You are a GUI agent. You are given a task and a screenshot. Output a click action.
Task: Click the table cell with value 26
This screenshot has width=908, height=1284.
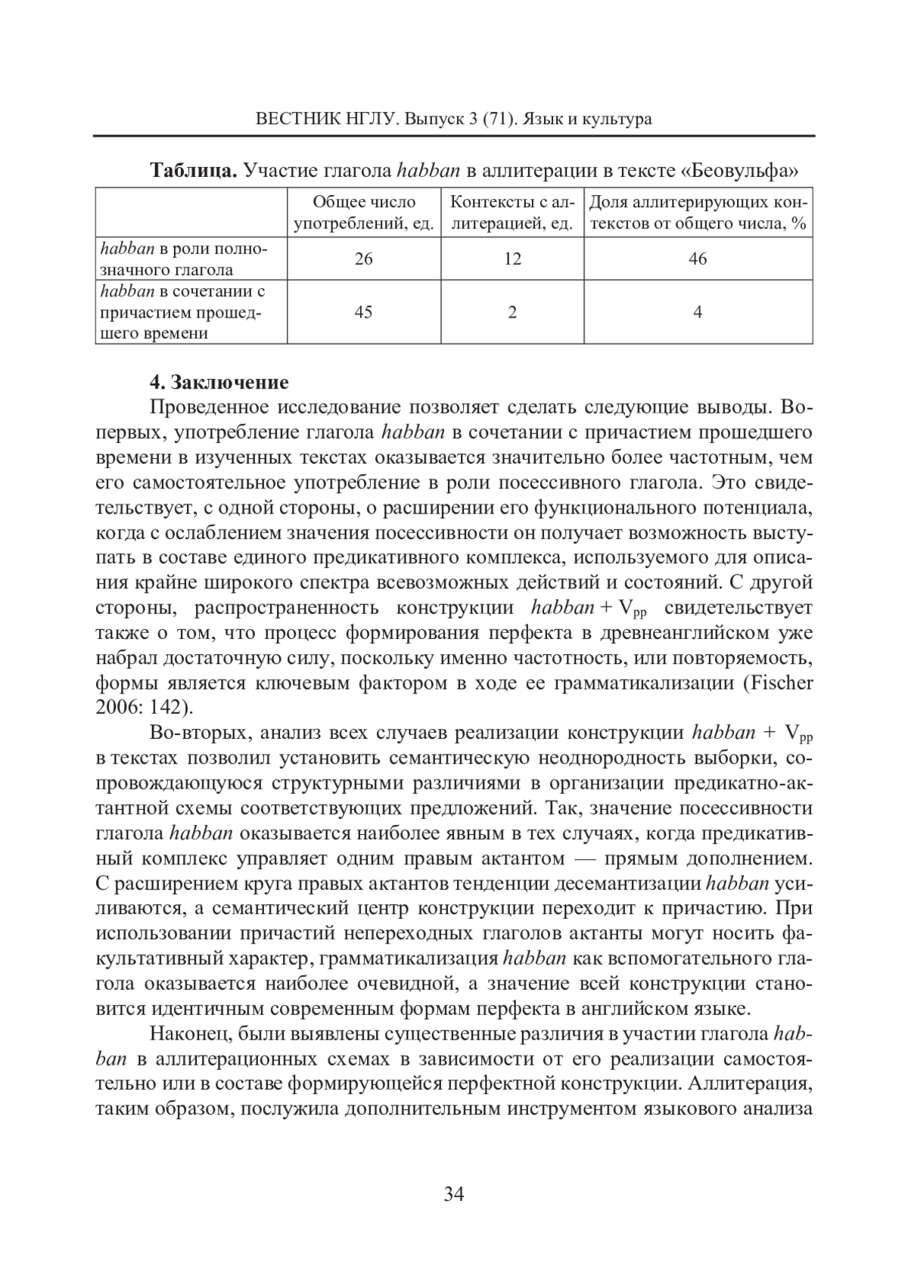(363, 259)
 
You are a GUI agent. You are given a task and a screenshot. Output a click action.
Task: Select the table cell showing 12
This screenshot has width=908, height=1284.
(512, 259)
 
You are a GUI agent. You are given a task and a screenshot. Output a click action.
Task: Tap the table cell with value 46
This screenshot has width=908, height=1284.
(698, 259)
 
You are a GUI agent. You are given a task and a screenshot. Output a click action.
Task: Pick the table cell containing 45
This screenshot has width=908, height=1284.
(363, 312)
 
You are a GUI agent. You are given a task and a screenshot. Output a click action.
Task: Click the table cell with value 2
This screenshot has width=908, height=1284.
(512, 312)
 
